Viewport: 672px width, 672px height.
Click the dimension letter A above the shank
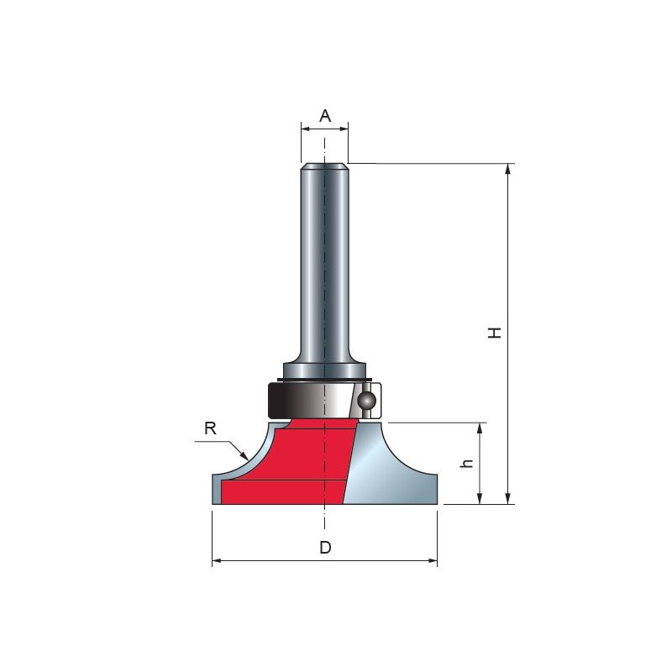[x=325, y=116]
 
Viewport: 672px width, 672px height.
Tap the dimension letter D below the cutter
[x=325, y=548]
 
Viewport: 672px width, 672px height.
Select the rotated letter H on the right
[x=495, y=333]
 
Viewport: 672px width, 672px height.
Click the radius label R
[x=211, y=428]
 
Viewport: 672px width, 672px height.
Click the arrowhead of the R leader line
[x=244, y=455]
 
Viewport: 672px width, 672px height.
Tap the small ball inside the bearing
[x=367, y=402]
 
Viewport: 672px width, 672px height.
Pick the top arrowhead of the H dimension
[x=508, y=168]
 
